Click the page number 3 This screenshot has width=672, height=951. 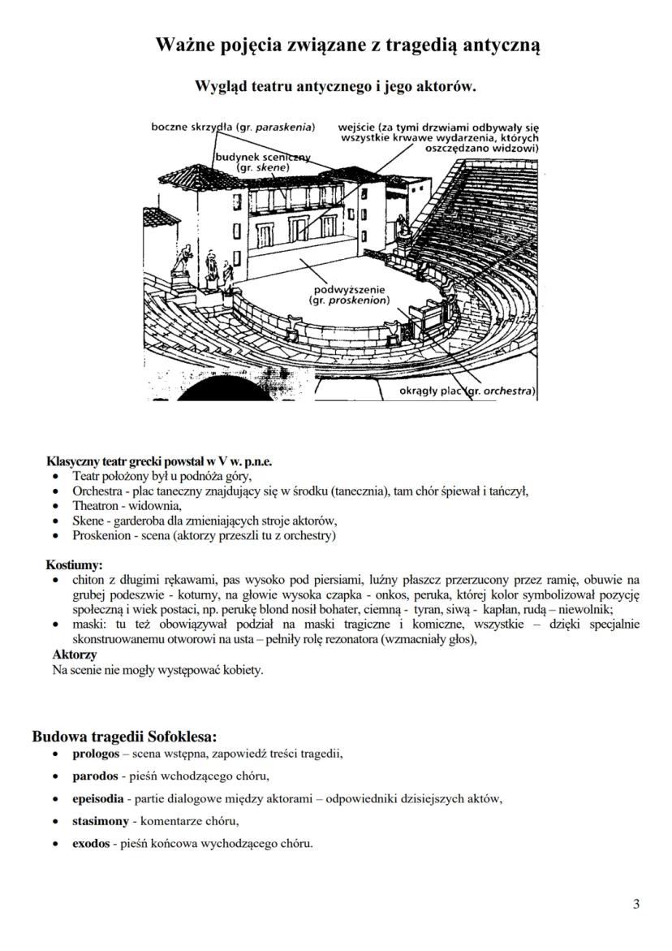pyautogui.click(x=636, y=905)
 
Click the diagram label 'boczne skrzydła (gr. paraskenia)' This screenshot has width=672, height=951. pyautogui.click(x=234, y=128)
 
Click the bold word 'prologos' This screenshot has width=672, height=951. pyautogui.click(x=96, y=753)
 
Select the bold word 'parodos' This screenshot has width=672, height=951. pyautogui.click(x=95, y=775)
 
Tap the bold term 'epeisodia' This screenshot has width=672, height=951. pyautogui.click(x=98, y=798)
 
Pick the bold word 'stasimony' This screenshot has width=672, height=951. pyautogui.click(x=99, y=820)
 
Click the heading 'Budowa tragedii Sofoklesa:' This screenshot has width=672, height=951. pyautogui.click(x=124, y=737)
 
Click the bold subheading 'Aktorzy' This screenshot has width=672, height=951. pyautogui.click(x=75, y=654)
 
